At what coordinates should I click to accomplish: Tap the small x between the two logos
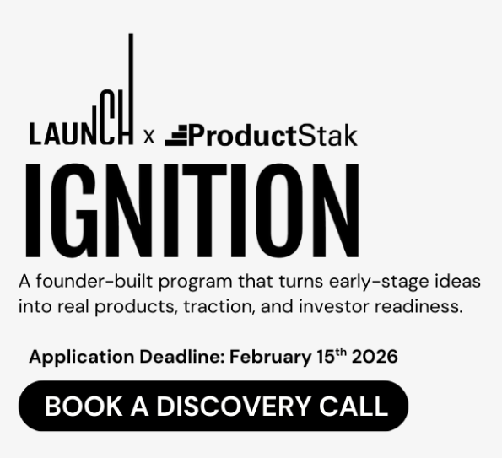(x=149, y=136)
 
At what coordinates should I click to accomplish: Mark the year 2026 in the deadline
(x=376, y=357)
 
